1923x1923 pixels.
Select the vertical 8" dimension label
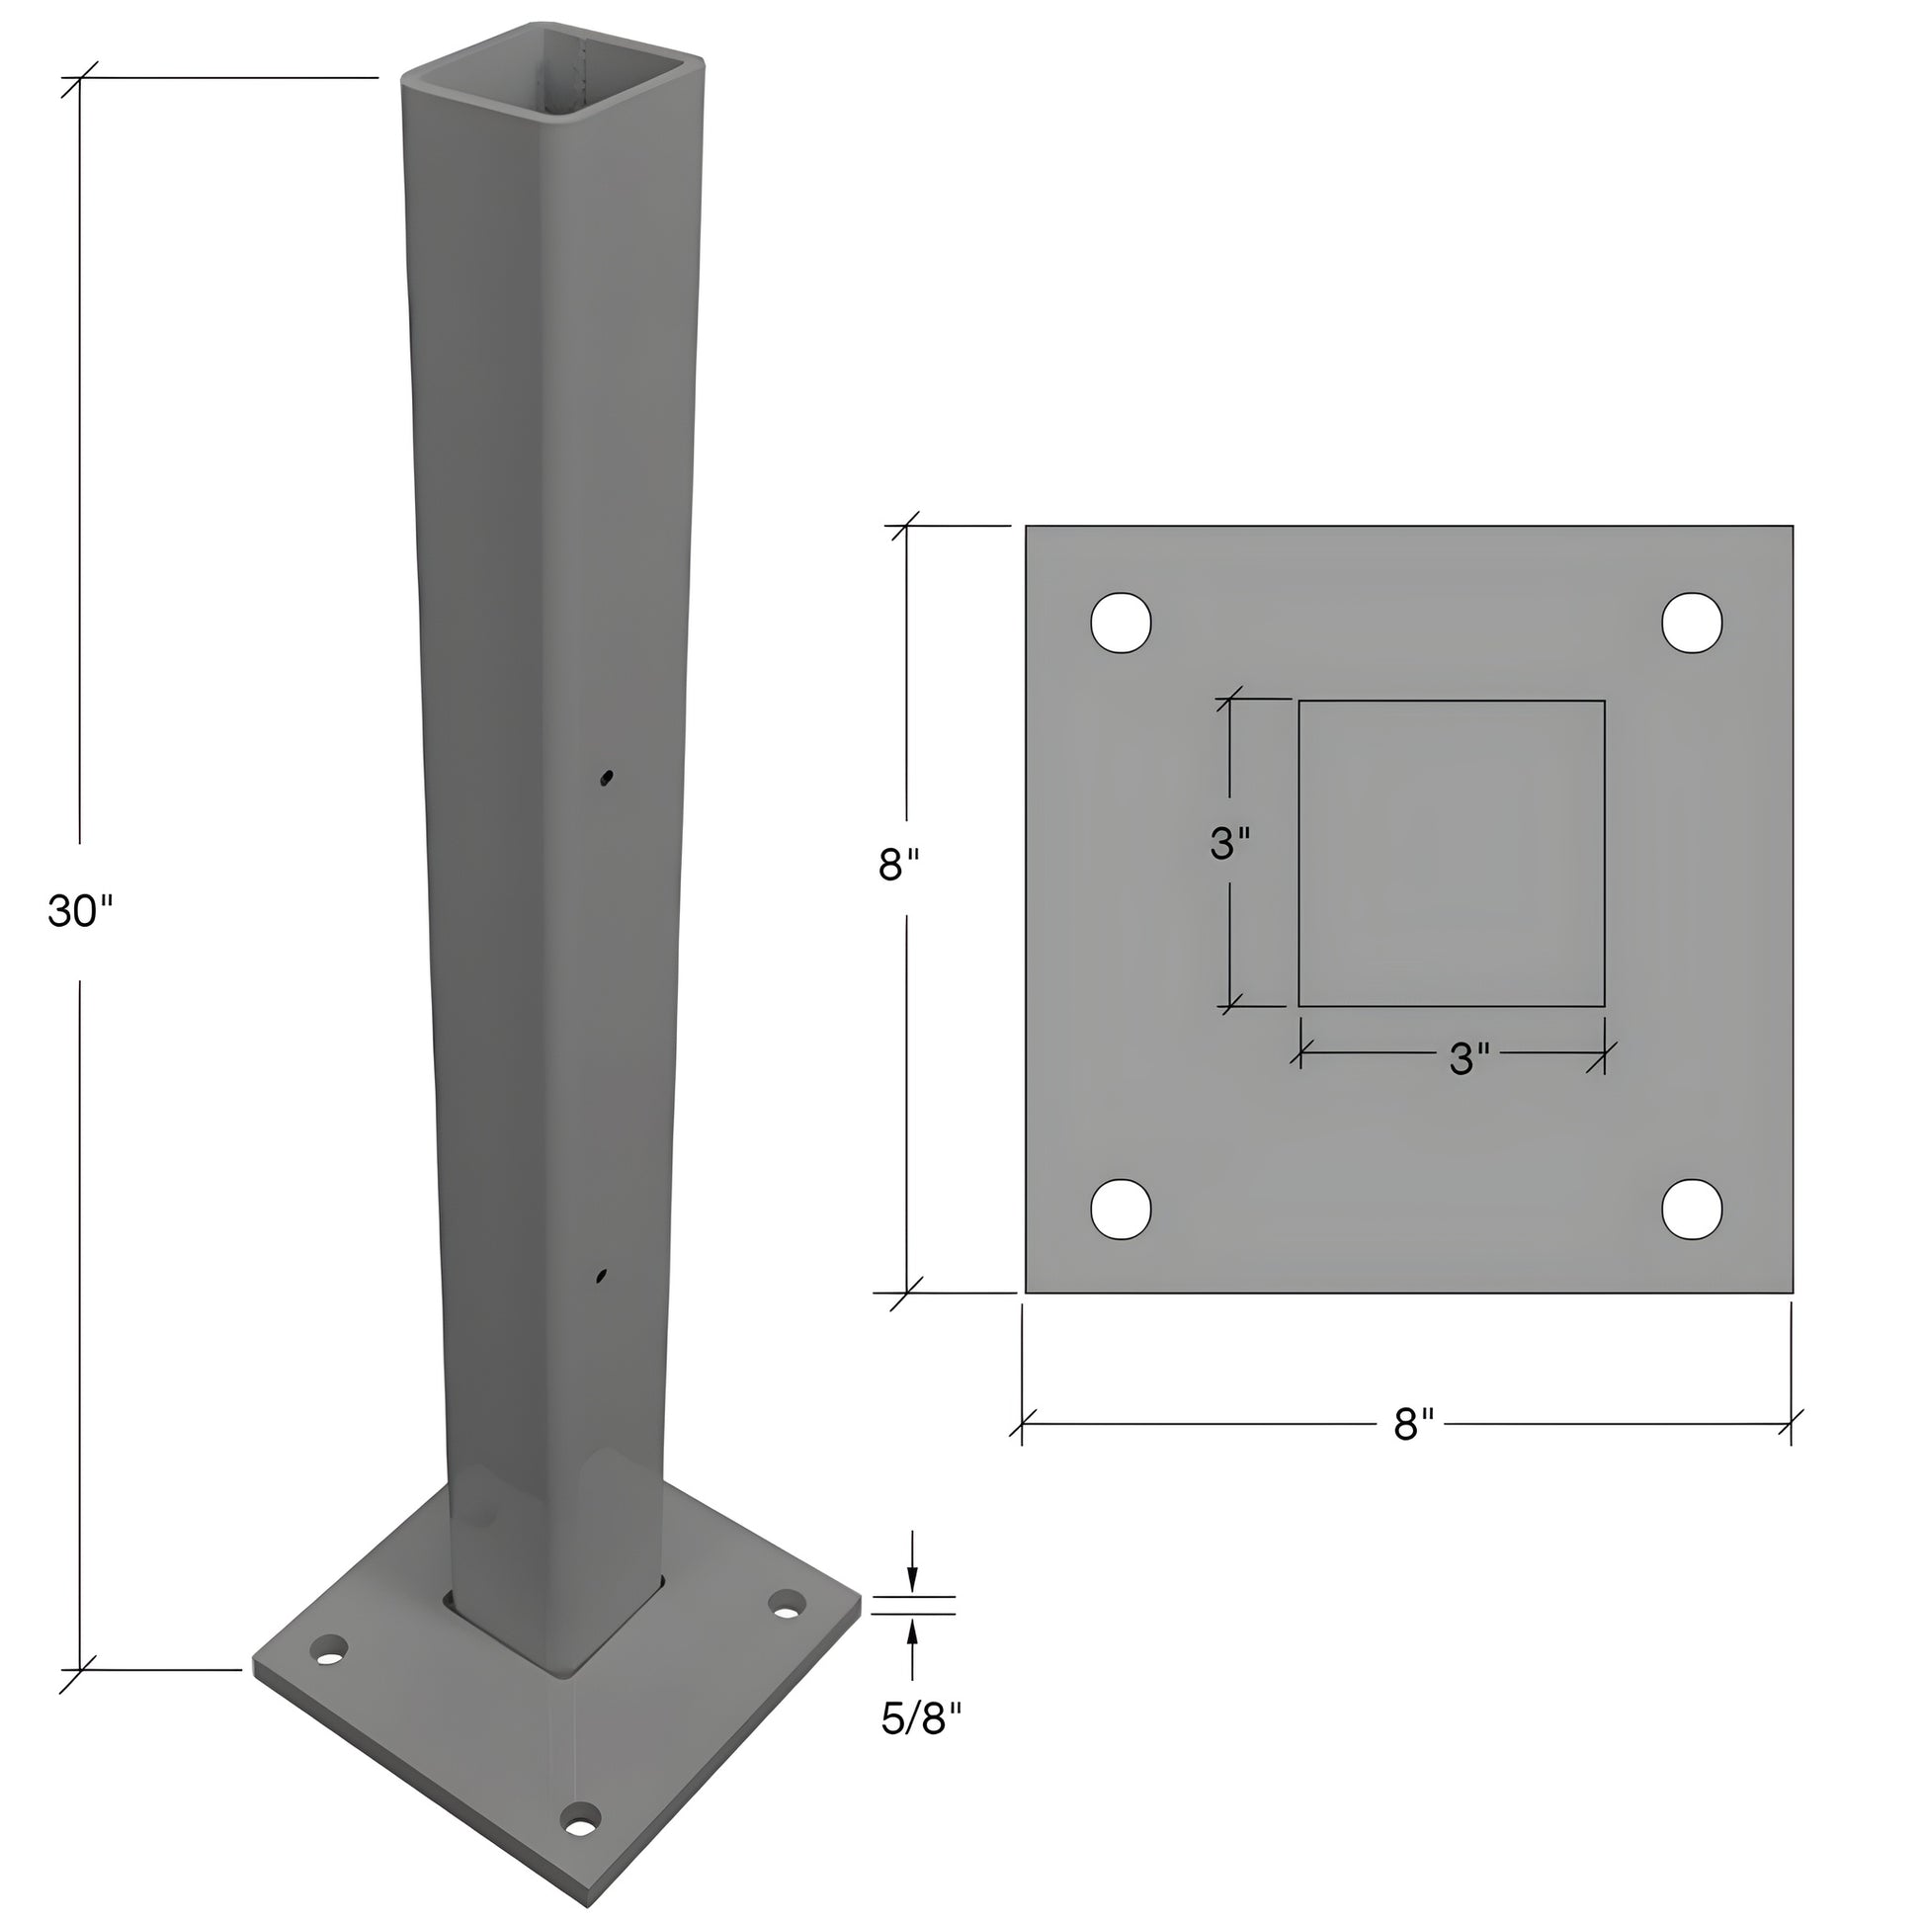(905, 865)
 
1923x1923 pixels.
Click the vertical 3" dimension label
(1229, 844)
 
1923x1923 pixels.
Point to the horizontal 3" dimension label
(1468, 1060)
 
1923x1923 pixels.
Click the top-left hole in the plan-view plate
(1121, 624)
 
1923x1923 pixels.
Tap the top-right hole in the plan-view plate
(1692, 624)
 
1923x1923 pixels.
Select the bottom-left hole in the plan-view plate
(1121, 1210)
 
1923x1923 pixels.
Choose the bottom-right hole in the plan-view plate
(1692, 1210)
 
